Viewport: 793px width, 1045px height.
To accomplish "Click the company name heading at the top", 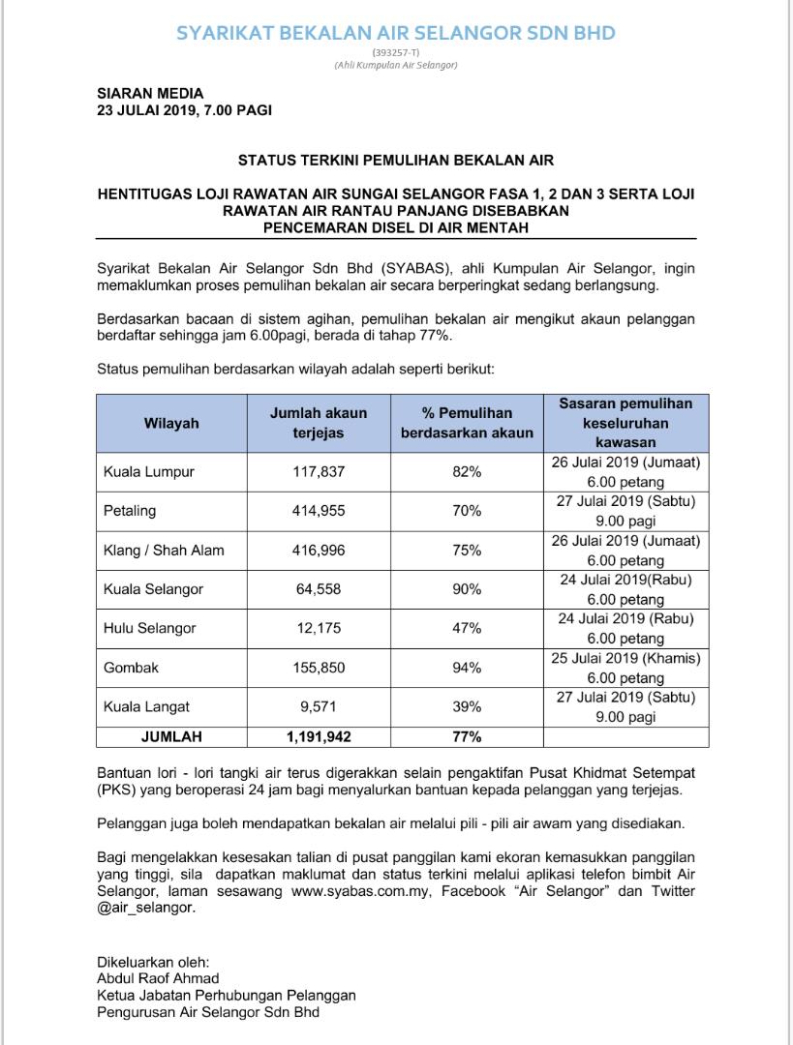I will tap(396, 33).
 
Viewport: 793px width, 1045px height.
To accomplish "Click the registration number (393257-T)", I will tap(395, 52).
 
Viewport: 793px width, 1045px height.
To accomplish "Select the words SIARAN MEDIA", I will tap(150, 94).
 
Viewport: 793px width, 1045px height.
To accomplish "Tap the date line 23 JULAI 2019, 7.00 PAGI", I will tap(184, 110).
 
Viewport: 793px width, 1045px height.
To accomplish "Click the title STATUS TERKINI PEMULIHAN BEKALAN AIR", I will tap(396, 160).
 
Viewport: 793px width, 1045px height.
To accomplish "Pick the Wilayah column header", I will tap(171, 423).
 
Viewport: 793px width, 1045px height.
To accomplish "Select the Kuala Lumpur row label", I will tap(149, 472).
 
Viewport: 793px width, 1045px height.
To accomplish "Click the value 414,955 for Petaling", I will tap(319, 511).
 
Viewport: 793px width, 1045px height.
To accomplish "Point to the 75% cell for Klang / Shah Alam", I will tap(467, 550).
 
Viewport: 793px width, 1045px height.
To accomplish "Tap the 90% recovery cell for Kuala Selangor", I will tap(467, 589).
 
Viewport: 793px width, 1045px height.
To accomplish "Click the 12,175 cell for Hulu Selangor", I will tap(319, 628).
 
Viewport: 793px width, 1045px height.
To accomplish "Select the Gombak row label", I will tap(131, 668).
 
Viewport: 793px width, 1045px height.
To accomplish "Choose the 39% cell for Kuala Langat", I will tap(467, 706).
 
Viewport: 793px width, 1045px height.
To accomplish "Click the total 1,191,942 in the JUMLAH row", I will tap(319, 736).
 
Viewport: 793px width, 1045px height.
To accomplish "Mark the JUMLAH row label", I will tap(171, 736).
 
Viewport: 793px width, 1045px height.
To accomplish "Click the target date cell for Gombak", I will tap(625, 668).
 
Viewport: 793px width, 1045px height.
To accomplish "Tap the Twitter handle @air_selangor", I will tap(145, 909).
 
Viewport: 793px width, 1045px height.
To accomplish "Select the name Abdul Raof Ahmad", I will tap(158, 978).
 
